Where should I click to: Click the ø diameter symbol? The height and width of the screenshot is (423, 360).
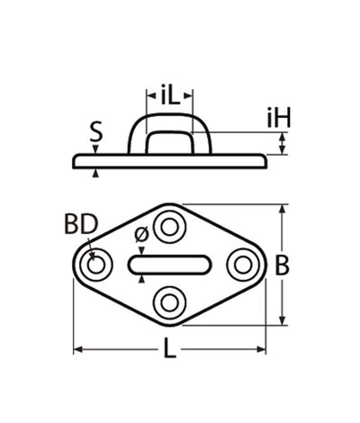pos(140,236)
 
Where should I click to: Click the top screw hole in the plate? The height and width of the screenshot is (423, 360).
pos(168,225)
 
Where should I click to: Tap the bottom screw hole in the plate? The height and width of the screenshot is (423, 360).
pos(168,303)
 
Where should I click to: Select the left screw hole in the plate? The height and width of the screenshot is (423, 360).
pos(94,265)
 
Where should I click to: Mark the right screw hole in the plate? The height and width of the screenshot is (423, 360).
pos(242,265)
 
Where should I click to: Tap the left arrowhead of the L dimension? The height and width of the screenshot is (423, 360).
pos(78,348)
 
